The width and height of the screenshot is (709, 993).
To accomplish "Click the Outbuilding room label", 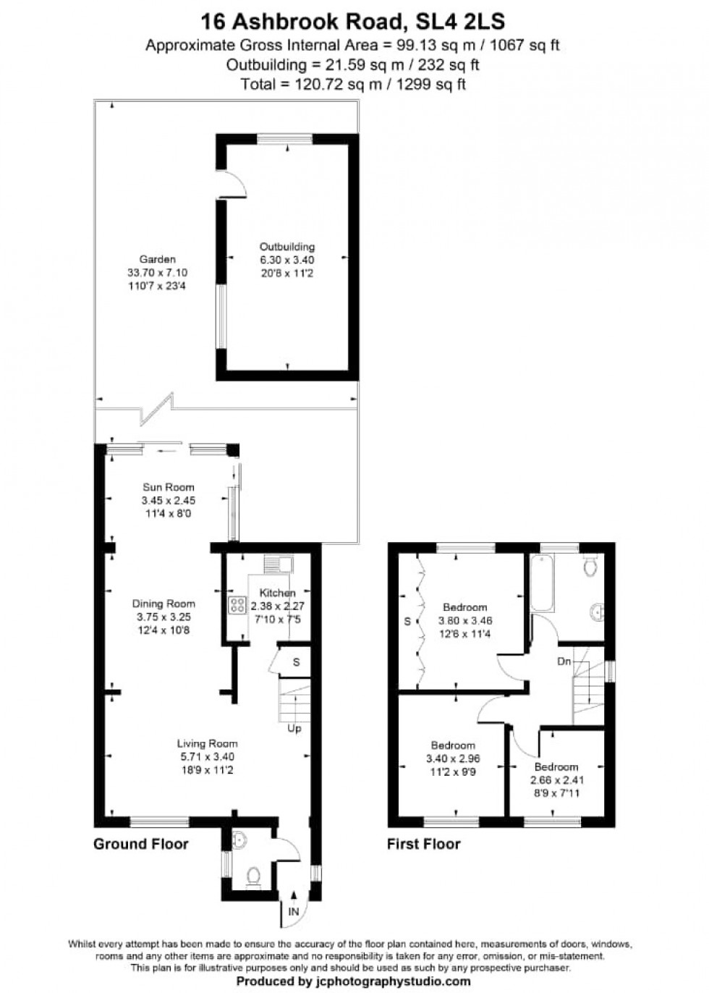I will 287,247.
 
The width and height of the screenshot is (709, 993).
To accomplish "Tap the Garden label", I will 157,259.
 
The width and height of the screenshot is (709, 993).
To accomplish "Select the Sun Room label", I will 168,487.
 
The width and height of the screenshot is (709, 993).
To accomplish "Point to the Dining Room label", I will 164,604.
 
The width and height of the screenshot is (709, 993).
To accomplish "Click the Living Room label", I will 207,743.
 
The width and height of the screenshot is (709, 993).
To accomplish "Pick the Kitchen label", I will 278,593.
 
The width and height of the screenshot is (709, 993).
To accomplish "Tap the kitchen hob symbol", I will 237,605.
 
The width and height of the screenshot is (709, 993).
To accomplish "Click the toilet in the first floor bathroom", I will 590,565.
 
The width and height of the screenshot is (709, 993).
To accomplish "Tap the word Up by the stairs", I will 294,728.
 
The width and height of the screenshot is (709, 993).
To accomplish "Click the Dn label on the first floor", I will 564,662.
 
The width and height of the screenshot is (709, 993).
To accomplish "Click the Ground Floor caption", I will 140,844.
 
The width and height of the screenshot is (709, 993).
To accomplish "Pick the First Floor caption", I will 423,844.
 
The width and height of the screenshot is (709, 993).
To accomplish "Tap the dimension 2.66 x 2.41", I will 556,780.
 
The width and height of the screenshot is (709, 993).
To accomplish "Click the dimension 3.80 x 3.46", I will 465,621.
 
